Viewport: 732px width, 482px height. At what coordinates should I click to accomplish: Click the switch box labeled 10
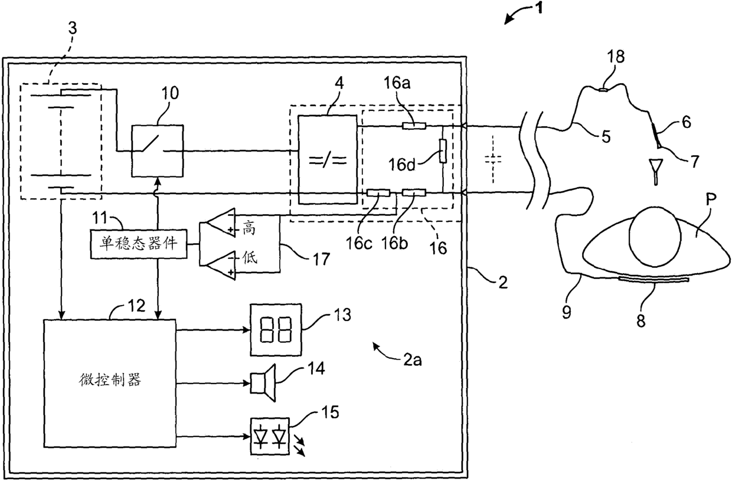[157, 151]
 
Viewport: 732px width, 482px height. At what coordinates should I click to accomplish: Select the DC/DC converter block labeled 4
[328, 159]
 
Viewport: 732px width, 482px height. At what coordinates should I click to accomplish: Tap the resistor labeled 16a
[414, 126]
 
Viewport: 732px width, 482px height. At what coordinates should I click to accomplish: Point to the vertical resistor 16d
[443, 151]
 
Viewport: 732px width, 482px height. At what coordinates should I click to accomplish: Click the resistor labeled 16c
[378, 194]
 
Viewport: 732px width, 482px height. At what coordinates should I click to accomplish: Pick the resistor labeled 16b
[414, 193]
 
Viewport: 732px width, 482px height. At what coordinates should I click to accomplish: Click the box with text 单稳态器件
[139, 244]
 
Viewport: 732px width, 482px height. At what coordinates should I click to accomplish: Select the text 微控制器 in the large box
[110, 381]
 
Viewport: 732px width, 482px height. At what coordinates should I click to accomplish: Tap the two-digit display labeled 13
[276, 330]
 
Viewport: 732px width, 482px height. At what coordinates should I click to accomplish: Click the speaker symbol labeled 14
[263, 383]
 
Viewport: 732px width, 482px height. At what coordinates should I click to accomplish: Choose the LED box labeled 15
[270, 436]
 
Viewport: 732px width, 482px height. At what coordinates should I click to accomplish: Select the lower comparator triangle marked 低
[218, 265]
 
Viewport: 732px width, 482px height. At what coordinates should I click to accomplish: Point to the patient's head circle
[655, 236]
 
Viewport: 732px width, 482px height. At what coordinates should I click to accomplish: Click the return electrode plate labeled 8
[654, 279]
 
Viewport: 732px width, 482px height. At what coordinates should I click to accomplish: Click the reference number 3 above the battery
[72, 28]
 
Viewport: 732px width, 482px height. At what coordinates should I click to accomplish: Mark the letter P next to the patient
[711, 200]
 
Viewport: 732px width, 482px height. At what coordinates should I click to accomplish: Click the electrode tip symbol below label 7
[655, 172]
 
